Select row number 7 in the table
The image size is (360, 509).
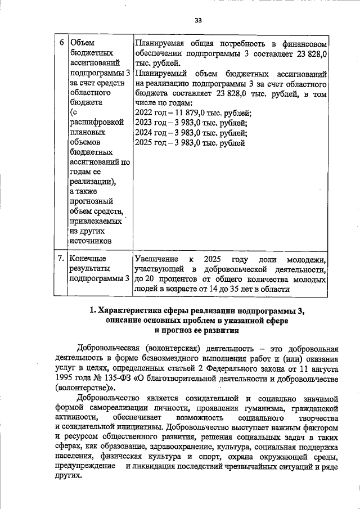[x=61, y=258]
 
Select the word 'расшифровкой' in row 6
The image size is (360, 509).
[x=95, y=124]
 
